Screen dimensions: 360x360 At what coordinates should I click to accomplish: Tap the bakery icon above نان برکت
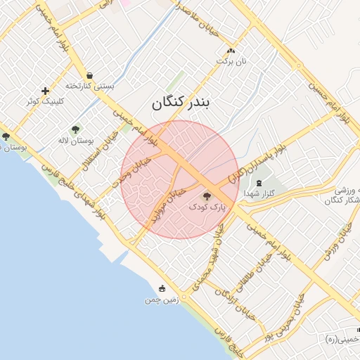pyautogui.click(x=231, y=51)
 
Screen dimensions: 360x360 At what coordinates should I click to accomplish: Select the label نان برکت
pyautogui.click(x=233, y=62)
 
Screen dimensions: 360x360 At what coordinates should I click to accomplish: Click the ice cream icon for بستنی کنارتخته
pyautogui.click(x=89, y=75)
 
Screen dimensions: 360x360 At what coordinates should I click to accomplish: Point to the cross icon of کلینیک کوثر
pyautogui.click(x=46, y=91)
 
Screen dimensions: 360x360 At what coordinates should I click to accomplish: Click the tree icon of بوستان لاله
pyautogui.click(x=75, y=129)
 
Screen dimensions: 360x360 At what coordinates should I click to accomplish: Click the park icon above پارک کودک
pyautogui.click(x=206, y=197)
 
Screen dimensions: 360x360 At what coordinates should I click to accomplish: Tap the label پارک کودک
pyautogui.click(x=207, y=208)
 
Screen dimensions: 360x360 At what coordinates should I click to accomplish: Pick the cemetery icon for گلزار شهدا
pyautogui.click(x=259, y=183)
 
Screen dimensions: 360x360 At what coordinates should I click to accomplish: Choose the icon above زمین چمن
pyautogui.click(x=162, y=288)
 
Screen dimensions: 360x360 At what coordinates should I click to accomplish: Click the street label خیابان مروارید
pyautogui.click(x=167, y=203)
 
